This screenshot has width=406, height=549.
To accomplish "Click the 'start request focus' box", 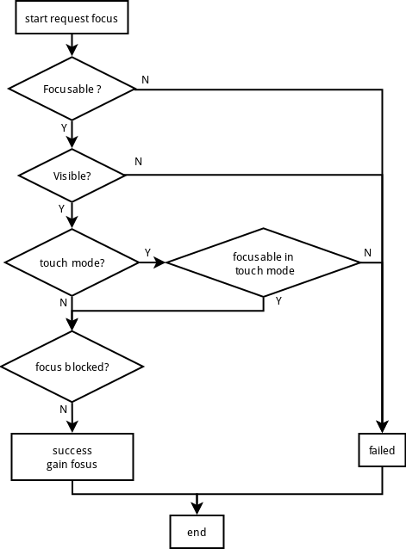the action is [72, 17].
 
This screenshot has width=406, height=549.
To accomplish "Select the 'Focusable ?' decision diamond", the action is [72, 89].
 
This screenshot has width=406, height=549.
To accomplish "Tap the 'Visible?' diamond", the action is [72, 176].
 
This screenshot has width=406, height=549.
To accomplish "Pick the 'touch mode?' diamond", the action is [72, 262].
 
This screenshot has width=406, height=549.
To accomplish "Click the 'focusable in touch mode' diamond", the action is [264, 262].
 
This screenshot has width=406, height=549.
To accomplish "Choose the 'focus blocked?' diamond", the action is [72, 367].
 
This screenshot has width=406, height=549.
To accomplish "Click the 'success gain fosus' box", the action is [72, 457].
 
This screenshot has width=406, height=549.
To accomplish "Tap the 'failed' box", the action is [382, 450].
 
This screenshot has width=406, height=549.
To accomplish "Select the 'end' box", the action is [197, 532].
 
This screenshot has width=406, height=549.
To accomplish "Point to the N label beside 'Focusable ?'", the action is [145, 80].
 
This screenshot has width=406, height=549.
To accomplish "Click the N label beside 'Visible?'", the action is [139, 162].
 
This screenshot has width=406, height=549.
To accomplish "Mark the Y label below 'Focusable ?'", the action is [64, 128].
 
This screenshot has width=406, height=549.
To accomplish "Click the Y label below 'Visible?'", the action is [61, 209].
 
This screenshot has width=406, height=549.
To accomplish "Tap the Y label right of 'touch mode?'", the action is [147, 252].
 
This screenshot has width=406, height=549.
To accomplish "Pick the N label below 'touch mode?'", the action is [63, 303].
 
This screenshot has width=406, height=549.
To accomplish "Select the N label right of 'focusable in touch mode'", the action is [367, 252].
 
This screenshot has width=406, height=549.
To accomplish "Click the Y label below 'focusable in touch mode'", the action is [278, 301].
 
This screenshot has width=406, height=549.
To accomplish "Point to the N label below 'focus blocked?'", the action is [63, 409].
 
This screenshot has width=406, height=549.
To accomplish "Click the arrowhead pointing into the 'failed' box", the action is [382, 427].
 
